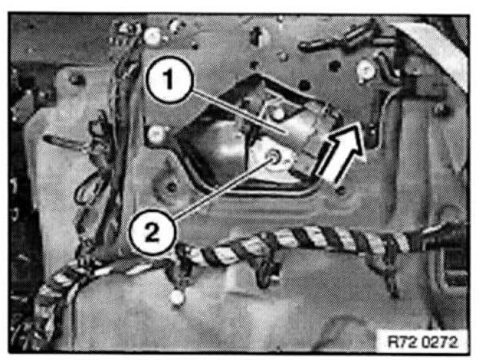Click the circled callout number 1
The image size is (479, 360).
(x=169, y=80)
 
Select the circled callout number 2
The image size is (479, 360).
(x=153, y=233)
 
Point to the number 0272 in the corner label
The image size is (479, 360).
(x=440, y=342)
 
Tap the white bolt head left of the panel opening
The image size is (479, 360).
(x=156, y=135)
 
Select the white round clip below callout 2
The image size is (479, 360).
(x=176, y=298)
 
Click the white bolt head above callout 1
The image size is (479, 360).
(x=153, y=36)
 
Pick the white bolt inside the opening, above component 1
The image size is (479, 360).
(x=278, y=114)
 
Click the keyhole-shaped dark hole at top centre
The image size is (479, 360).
(x=256, y=36)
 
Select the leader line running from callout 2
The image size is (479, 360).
(x=224, y=187)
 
